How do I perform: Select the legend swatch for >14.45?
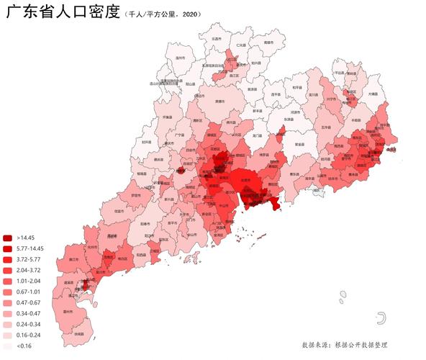tap(8, 238)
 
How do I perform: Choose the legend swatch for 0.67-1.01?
tap(8, 292)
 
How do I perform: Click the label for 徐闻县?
tap(81, 335)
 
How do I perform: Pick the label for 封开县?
tap(147, 142)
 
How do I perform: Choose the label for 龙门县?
tap(258, 135)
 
